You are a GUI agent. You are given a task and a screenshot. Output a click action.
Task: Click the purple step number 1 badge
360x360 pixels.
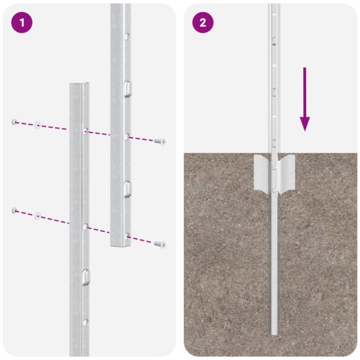click(x=21, y=23)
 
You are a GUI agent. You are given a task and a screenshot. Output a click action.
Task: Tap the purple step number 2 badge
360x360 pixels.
click(x=203, y=23)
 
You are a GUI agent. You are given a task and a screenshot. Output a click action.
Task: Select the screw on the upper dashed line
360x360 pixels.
click(x=160, y=141)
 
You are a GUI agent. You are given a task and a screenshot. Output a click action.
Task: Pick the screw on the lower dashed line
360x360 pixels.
click(x=160, y=244)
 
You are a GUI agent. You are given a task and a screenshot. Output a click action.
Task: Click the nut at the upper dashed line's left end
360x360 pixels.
click(x=14, y=122)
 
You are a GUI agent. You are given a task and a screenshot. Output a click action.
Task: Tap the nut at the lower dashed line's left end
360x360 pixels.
click(x=14, y=211)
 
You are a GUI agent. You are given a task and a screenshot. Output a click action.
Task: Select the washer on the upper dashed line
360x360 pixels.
click(x=38, y=125)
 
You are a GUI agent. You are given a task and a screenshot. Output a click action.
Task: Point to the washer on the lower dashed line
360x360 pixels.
click(x=38, y=215)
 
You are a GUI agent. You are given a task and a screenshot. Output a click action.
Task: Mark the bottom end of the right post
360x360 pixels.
click(x=120, y=243)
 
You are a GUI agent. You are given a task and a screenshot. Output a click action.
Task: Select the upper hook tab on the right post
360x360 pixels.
click(x=126, y=88)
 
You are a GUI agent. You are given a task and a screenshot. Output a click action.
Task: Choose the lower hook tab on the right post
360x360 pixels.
click(x=126, y=188)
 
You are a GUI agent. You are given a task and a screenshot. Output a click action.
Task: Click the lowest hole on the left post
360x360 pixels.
click(x=85, y=322)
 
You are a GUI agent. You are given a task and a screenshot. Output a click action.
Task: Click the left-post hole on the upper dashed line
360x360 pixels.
click(x=85, y=131)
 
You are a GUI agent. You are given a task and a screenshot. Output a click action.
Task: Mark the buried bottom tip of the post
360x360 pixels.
click(x=275, y=332)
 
